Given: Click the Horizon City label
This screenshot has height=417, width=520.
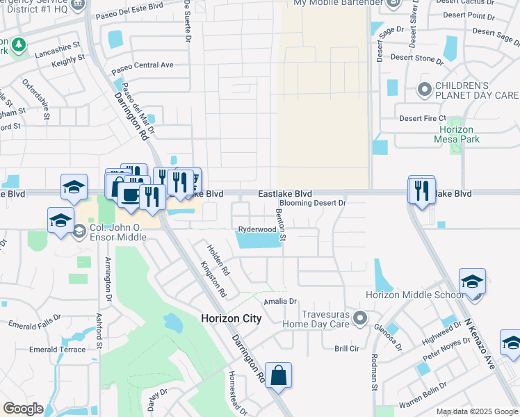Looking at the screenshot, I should click(x=231, y=318).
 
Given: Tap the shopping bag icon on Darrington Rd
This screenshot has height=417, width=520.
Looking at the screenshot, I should click(x=278, y=376).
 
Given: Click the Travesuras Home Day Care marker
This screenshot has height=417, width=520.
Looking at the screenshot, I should click(x=359, y=318).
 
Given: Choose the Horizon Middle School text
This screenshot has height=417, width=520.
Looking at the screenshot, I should click(x=414, y=295).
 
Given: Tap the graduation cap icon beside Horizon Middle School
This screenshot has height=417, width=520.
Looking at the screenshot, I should click(x=473, y=282).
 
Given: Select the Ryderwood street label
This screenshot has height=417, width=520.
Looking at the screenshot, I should click(x=257, y=229).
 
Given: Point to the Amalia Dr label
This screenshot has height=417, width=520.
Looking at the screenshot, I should click(x=280, y=302).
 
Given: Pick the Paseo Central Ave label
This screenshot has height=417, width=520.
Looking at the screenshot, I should click(x=143, y=65).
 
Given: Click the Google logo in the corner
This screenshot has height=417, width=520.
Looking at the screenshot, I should click(x=23, y=409).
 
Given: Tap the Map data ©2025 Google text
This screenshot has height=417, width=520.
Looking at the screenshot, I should click(x=476, y=411).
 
